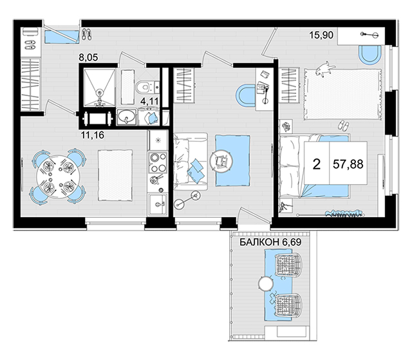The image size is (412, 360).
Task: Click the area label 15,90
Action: (x=321, y=35)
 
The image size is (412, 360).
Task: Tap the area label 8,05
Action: (x=89, y=57)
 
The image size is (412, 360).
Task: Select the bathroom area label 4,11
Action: (x=149, y=101)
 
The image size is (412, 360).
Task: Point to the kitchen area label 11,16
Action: (x=93, y=135)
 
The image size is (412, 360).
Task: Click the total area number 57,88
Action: (x=348, y=164)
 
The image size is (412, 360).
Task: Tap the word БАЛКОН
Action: (x=259, y=242)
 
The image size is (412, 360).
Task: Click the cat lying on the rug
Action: (x=325, y=69)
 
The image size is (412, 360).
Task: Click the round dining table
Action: (x=59, y=176)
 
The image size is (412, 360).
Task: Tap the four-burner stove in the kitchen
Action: (x=158, y=162)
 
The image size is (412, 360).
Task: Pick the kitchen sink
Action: (x=158, y=204)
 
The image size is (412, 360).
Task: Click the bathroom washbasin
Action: (x=126, y=117)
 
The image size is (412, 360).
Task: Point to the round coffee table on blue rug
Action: (x=221, y=161)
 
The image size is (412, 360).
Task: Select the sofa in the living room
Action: (x=191, y=162)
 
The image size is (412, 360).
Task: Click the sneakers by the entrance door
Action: (x=87, y=34)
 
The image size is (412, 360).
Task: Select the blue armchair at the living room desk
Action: (x=246, y=95)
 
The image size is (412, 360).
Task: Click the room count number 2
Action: (x=317, y=164)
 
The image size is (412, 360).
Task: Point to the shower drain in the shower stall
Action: (x=100, y=92)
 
